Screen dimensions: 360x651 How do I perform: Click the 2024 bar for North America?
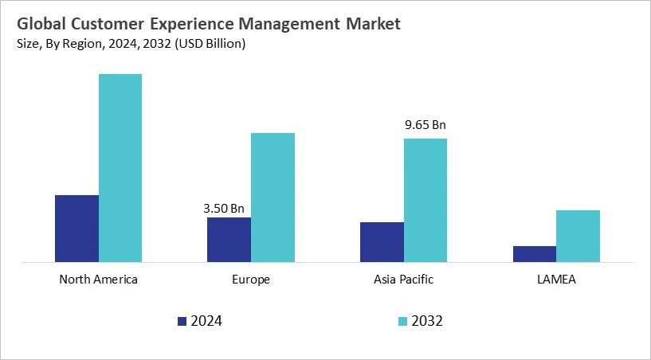click(76, 228)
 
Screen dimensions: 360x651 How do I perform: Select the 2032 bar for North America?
click(120, 167)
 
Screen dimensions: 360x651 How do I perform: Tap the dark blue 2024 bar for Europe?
click(229, 239)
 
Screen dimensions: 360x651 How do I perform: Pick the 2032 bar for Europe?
click(273, 197)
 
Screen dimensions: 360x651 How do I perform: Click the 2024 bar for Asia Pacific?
click(382, 241)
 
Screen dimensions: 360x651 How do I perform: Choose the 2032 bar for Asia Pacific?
click(426, 200)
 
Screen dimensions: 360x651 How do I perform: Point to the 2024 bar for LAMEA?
click(535, 253)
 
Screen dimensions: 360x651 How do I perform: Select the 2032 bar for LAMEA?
click(578, 236)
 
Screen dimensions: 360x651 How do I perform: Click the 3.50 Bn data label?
click(224, 209)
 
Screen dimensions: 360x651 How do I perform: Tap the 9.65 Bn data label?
click(426, 125)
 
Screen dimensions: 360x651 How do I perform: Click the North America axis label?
click(99, 280)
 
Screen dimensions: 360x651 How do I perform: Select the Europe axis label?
click(251, 280)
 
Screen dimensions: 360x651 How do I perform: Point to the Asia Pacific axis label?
click(403, 280)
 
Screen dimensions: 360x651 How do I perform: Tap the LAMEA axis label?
click(556, 280)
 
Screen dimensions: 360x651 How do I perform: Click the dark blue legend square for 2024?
click(182, 322)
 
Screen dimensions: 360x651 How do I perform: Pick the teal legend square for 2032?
click(402, 322)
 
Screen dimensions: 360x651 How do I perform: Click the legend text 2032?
click(428, 322)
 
